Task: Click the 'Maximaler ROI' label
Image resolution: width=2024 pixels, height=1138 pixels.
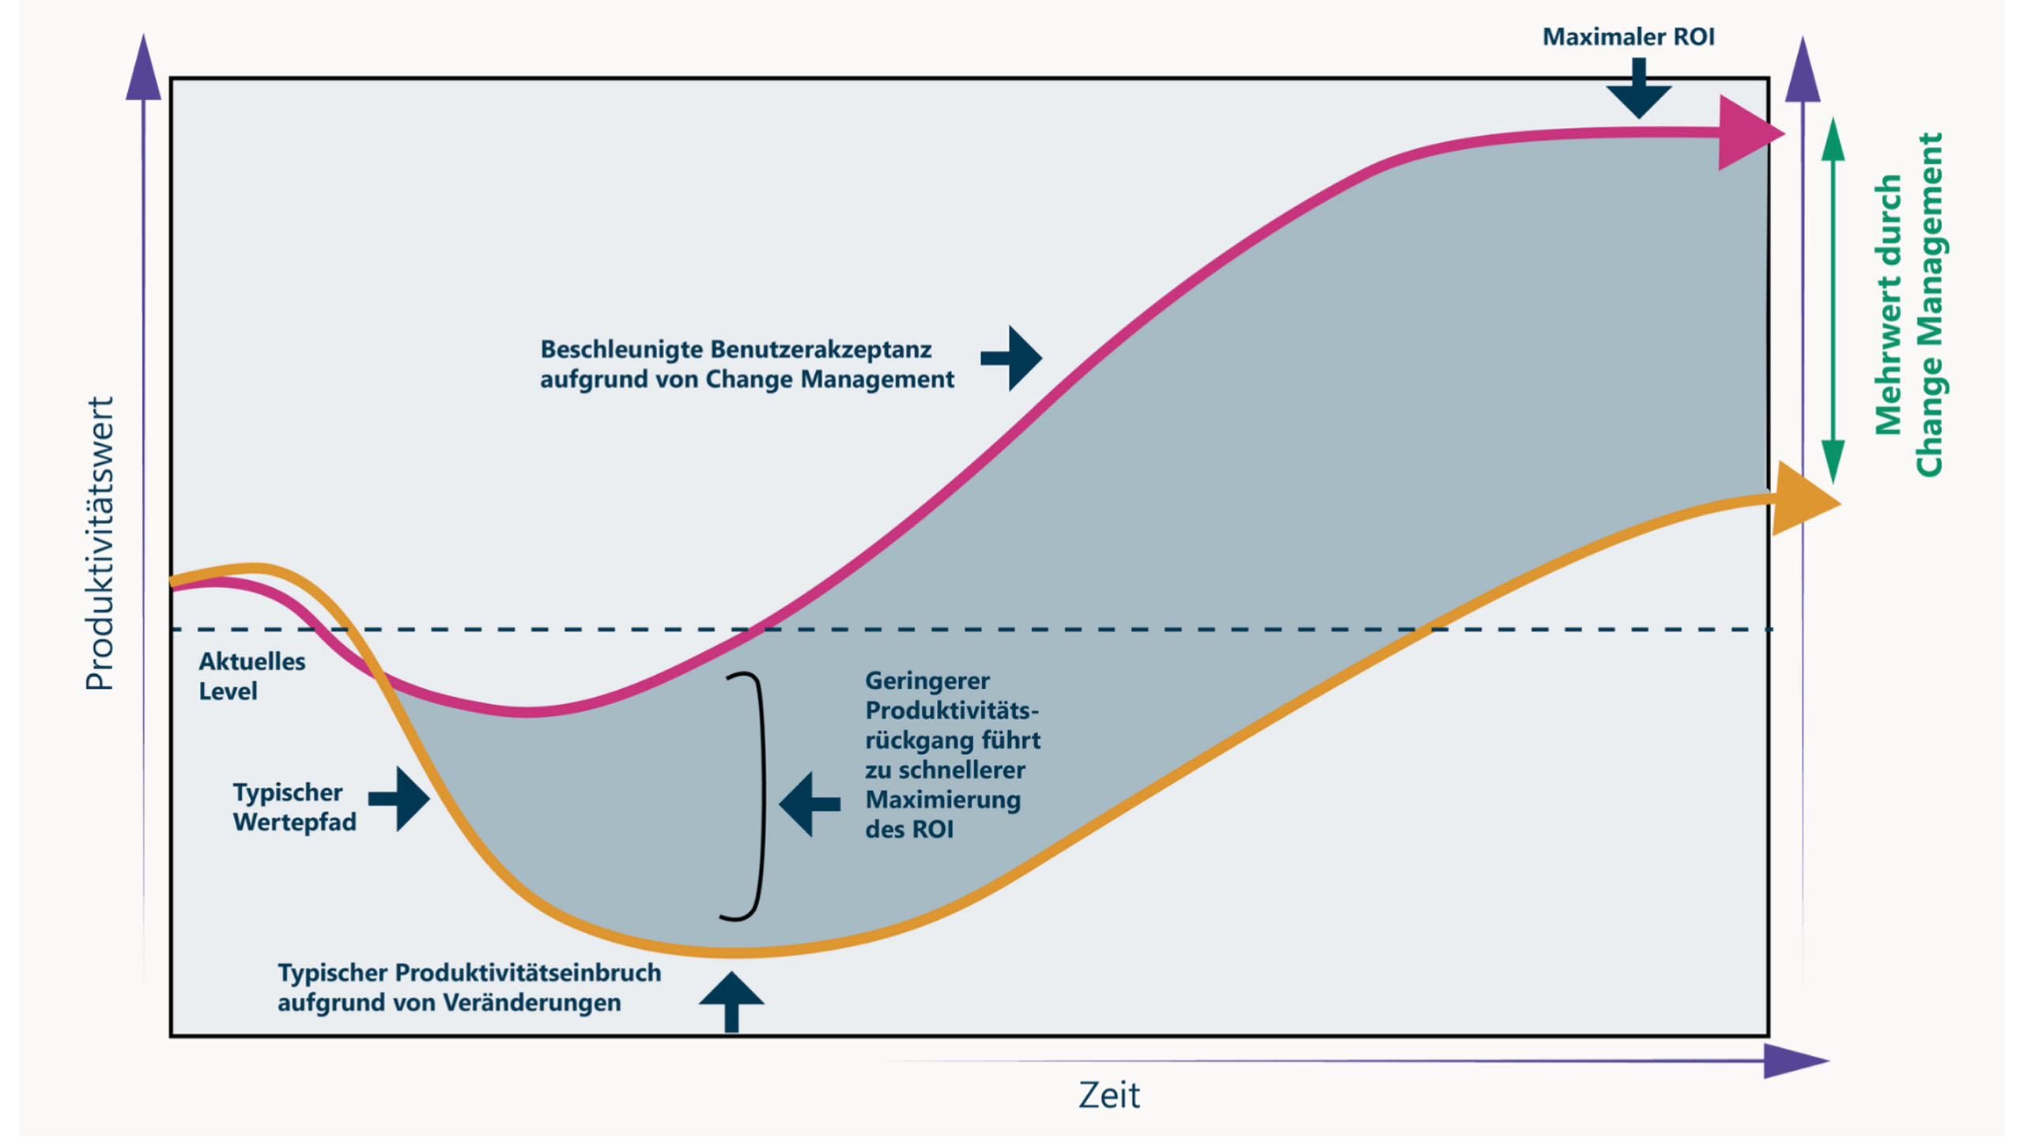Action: (1628, 37)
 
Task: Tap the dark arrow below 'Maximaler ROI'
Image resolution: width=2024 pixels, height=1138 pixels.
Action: (1639, 91)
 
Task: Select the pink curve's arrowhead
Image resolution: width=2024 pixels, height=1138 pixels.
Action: (1747, 133)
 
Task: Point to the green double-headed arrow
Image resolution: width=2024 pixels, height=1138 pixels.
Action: (1833, 300)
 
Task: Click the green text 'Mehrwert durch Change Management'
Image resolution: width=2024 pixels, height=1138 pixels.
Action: (1909, 304)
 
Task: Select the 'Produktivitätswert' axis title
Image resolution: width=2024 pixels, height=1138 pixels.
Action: (100, 543)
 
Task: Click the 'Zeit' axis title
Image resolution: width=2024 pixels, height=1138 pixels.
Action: (1108, 1095)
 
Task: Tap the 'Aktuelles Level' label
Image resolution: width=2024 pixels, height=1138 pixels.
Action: (251, 676)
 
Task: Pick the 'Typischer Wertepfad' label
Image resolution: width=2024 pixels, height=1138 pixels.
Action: (294, 807)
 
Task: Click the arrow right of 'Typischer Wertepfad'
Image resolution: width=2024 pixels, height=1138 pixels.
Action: (401, 799)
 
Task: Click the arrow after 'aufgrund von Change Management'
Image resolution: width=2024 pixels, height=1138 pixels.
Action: (1012, 358)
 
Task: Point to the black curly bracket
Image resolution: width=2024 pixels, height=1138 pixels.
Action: (747, 796)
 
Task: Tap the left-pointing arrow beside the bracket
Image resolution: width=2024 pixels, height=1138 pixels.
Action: (808, 805)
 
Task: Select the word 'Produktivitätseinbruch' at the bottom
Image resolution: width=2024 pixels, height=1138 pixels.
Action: (528, 973)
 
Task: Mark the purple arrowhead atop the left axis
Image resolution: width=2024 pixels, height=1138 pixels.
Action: (144, 70)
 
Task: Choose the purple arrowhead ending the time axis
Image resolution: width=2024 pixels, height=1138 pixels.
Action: (1795, 1061)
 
